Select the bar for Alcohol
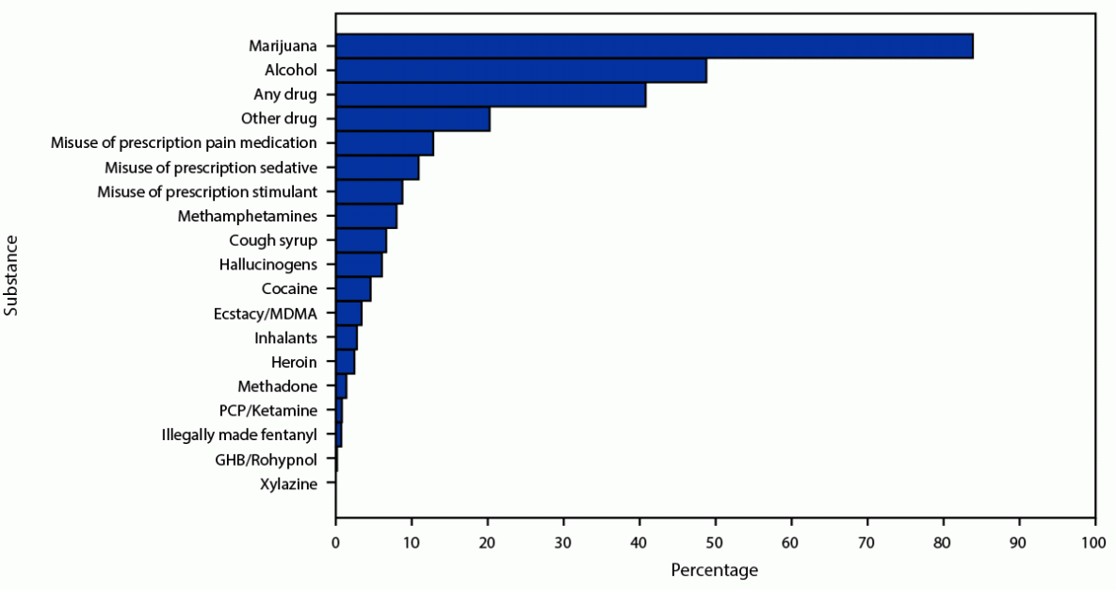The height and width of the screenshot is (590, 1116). (x=521, y=71)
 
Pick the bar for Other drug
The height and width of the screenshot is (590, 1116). (x=412, y=120)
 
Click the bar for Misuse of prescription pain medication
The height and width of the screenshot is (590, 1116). (x=384, y=143)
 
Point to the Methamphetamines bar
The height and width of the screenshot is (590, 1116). (x=366, y=217)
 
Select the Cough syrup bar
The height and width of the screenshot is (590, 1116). (x=361, y=241)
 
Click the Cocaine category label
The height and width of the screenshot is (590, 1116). (x=289, y=289)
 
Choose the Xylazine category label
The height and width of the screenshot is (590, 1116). (x=289, y=484)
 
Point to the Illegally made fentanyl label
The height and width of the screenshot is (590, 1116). (x=239, y=435)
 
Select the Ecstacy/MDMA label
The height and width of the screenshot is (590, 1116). (x=266, y=314)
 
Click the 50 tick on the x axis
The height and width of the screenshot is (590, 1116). (x=716, y=543)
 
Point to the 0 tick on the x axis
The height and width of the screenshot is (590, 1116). (x=335, y=543)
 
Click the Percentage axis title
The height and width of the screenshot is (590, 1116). (x=715, y=570)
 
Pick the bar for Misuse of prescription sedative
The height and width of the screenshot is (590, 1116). (x=377, y=168)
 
